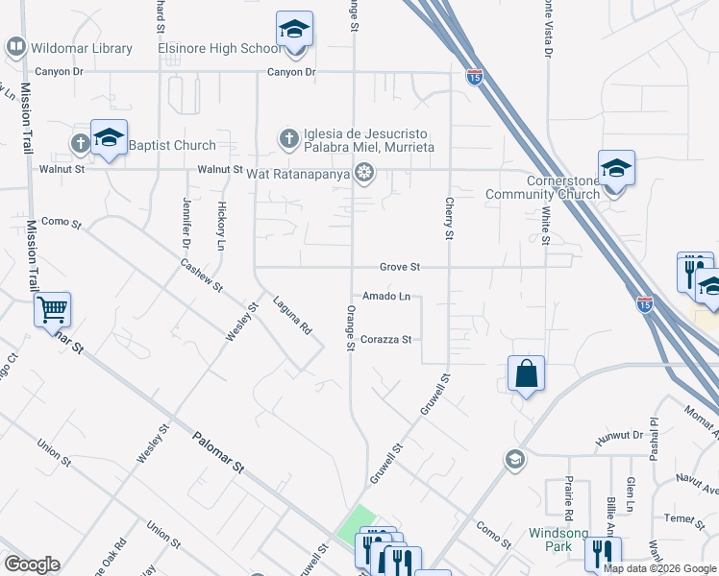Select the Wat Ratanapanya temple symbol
click(x=363, y=173)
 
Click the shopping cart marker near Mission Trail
click(x=52, y=310)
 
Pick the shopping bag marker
click(x=527, y=373)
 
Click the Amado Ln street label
click(x=385, y=297)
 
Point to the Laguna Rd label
click(x=293, y=313)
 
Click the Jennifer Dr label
click(x=186, y=220)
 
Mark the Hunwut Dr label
click(x=617, y=434)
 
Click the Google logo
click(x=31, y=564)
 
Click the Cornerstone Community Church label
click(x=563, y=187)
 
